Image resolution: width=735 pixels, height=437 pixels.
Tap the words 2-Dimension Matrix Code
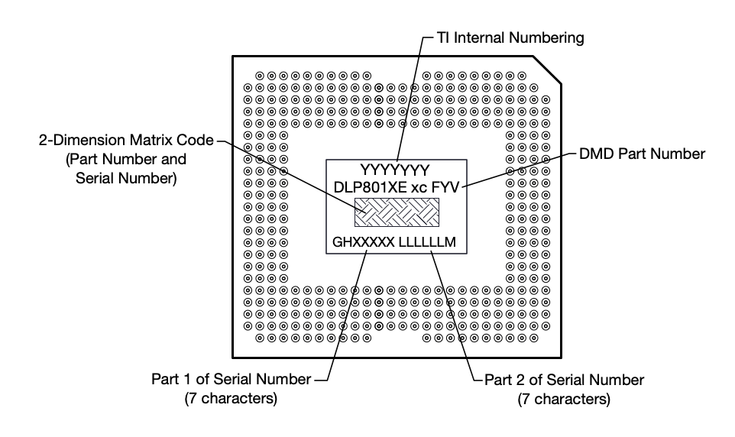click(x=126, y=141)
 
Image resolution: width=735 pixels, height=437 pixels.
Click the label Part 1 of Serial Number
click(x=230, y=380)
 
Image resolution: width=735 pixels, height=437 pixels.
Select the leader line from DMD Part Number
click(x=520, y=168)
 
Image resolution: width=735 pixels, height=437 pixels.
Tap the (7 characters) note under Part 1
click(x=230, y=399)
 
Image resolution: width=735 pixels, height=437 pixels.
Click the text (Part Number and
click(x=126, y=160)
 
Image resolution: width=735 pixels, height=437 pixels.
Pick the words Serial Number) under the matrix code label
click(x=126, y=178)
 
